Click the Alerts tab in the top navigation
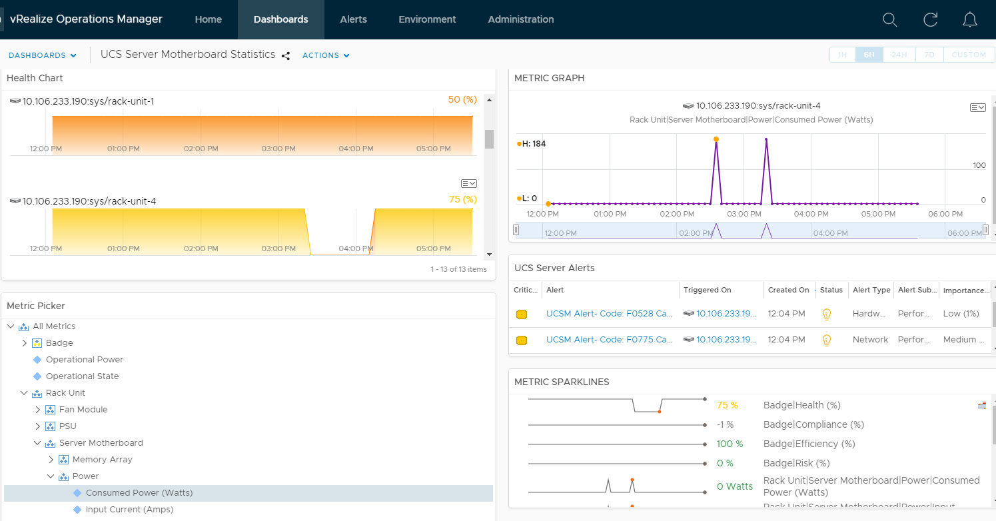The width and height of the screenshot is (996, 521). click(353, 19)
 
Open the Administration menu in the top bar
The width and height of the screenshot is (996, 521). click(520, 19)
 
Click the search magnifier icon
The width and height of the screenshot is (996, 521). click(889, 20)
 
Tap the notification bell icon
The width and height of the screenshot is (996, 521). click(970, 20)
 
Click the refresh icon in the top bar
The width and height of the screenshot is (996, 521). click(931, 20)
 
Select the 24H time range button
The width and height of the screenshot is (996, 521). click(899, 55)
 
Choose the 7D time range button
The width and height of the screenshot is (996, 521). click(929, 55)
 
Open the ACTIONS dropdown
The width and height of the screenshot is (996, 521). click(326, 55)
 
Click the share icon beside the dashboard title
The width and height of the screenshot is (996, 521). click(286, 56)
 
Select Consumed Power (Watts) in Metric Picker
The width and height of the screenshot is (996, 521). click(139, 493)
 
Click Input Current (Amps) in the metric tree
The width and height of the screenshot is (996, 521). click(129, 510)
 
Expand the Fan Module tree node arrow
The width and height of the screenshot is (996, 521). click(38, 410)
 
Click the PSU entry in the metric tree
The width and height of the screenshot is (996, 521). click(67, 426)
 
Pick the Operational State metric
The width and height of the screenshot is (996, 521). click(82, 376)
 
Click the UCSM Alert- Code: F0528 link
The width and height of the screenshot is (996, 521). click(609, 314)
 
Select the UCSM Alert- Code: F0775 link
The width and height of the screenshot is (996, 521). click(609, 340)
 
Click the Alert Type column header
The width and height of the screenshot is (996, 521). click(871, 290)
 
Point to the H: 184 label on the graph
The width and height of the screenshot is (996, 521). click(534, 143)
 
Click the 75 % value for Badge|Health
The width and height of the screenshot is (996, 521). click(727, 405)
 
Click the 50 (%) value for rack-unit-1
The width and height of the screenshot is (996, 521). click(462, 99)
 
